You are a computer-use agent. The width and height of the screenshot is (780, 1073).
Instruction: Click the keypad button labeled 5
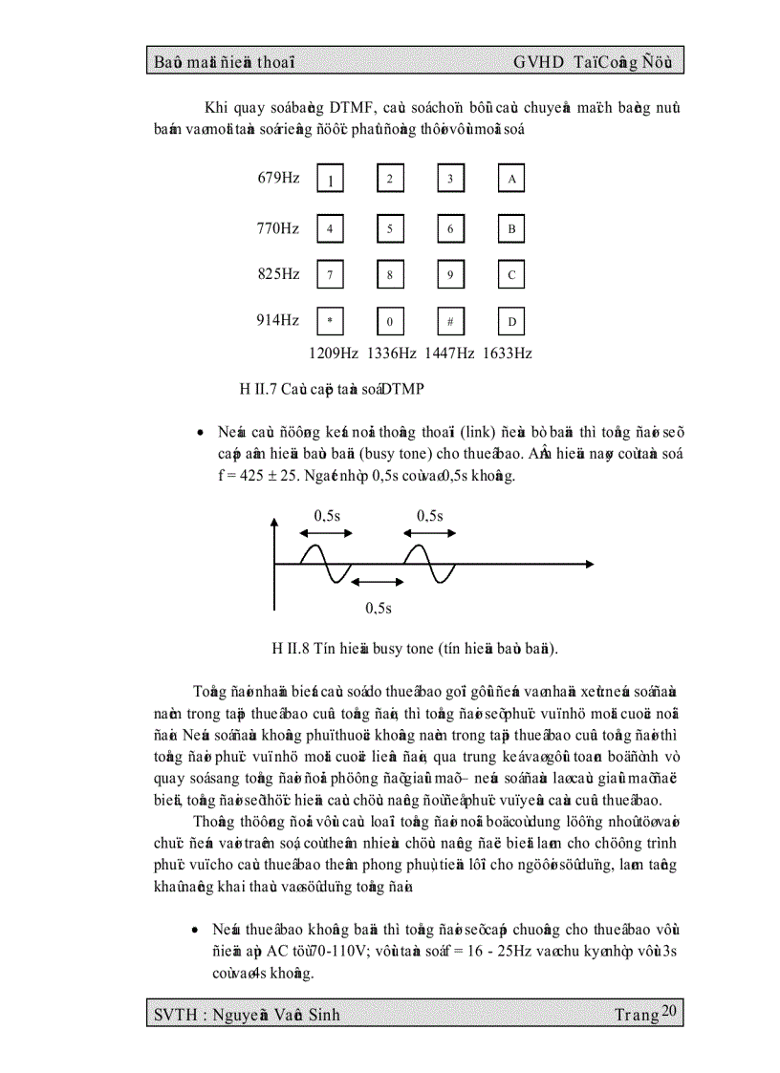[390, 229]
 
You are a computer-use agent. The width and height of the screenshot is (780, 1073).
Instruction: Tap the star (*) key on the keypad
[330, 322]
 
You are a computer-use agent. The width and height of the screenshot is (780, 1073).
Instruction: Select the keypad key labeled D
[511, 322]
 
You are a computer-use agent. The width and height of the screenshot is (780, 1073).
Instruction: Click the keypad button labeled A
[511, 179]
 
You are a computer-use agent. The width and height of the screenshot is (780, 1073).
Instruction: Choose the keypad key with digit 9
[450, 275]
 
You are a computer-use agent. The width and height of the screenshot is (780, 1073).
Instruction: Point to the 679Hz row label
[277, 178]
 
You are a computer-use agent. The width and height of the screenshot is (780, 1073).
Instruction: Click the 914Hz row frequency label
[277, 320]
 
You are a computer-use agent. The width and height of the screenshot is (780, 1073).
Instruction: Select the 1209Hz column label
[333, 353]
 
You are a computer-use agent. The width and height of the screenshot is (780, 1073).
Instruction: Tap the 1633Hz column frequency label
[507, 353]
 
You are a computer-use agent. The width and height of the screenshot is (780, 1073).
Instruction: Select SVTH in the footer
[175, 1015]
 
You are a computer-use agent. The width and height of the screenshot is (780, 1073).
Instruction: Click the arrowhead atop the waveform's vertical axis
[275, 522]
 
